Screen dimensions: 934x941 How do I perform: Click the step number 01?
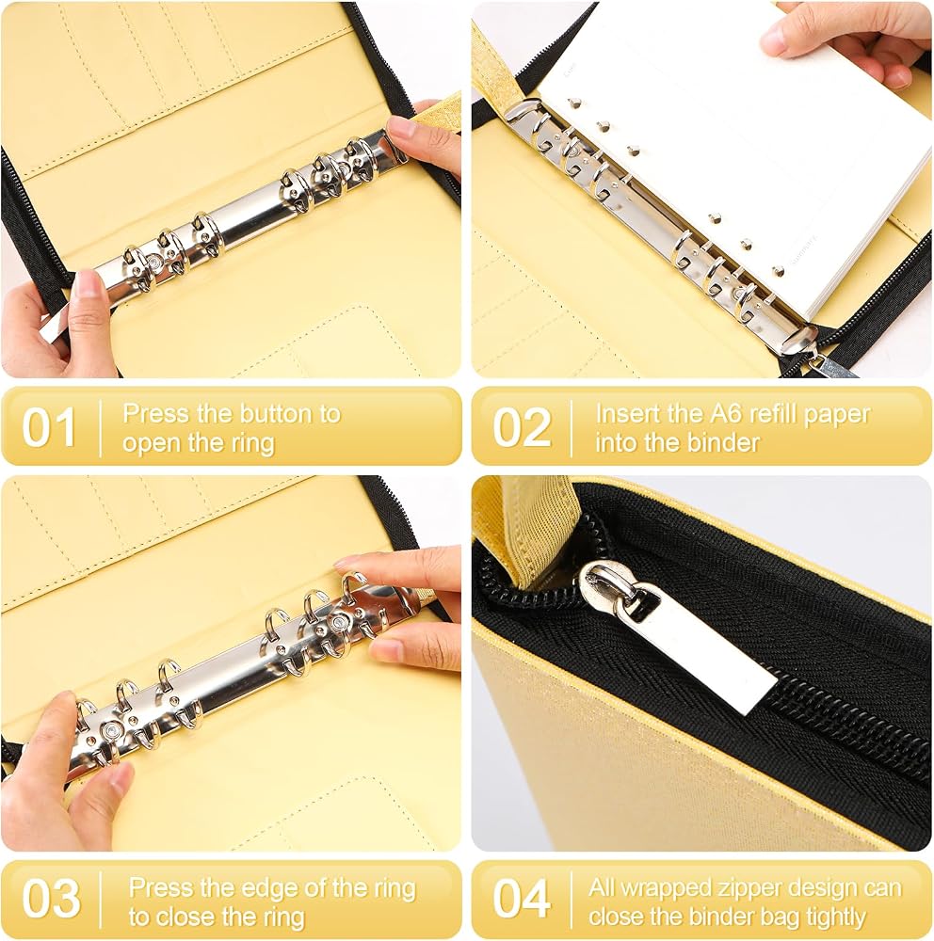pyautogui.click(x=49, y=427)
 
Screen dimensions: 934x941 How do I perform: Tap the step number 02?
pyautogui.click(x=522, y=427)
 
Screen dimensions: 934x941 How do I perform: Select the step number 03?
pyautogui.click(x=51, y=899)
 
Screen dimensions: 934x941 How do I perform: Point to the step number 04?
pyautogui.click(x=522, y=899)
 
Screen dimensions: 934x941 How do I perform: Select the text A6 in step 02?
pyautogui.click(x=731, y=413)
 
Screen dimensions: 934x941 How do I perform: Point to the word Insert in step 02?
pyautogui.click(x=626, y=413)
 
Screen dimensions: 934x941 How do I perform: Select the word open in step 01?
pyautogui.click(x=152, y=444)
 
